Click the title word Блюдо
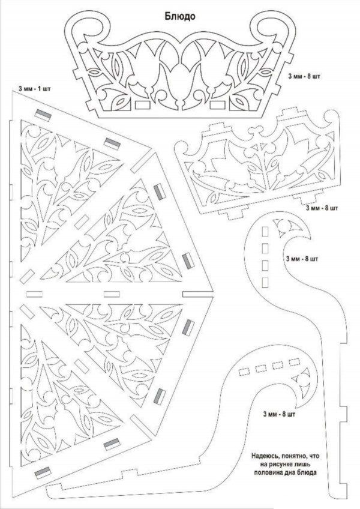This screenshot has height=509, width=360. point(180,16)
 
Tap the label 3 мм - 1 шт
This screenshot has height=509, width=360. point(35,88)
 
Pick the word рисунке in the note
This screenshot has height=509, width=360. point(281,464)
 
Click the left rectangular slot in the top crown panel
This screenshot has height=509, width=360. point(143,104)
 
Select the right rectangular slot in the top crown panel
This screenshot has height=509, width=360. point(217,105)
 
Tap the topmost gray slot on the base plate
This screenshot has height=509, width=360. point(43,115)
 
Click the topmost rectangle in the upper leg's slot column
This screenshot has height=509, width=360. point(265,231)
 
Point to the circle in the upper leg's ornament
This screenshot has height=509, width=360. point(284,226)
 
